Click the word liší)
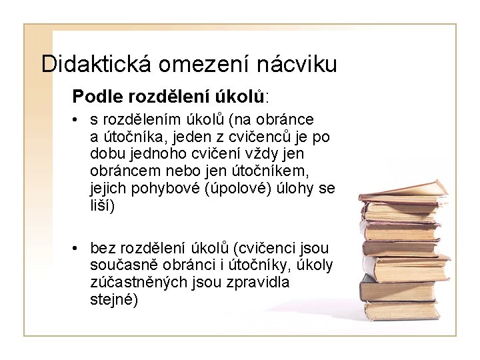pos(103,206)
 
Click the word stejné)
pos(114,300)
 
